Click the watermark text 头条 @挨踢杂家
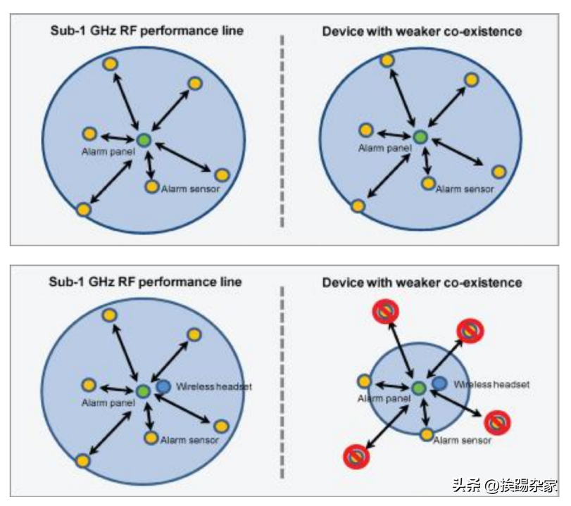pyautogui.click(x=505, y=486)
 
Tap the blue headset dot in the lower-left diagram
pyautogui.click(x=163, y=386)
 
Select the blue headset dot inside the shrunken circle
pyautogui.click(x=439, y=383)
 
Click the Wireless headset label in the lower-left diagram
pyautogui.click(x=214, y=386)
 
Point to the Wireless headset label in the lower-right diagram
pyautogui.click(x=491, y=384)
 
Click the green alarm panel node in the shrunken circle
pyautogui.click(x=419, y=388)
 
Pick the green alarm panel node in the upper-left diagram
pyautogui.click(x=144, y=139)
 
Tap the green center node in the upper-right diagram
pyautogui.click(x=420, y=137)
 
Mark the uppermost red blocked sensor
pyautogui.click(x=385, y=311)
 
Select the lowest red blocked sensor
pyautogui.click(x=356, y=457)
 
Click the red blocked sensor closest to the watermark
pyautogui.click(x=497, y=422)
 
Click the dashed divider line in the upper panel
pyautogui.click(x=282, y=131)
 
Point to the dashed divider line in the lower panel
pyautogui.click(x=282, y=382)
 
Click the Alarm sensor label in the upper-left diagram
pyautogui.click(x=191, y=189)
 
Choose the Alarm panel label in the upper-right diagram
pyautogui.click(x=385, y=148)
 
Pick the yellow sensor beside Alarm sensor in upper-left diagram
pyautogui.click(x=152, y=186)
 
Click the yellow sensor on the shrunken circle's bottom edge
pyautogui.click(x=427, y=434)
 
